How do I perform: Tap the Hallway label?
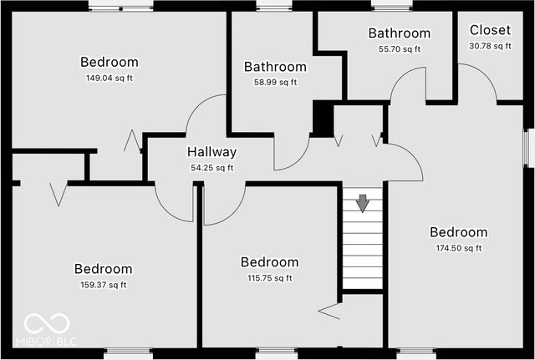pos(211,153)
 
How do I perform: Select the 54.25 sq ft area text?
pos(211,168)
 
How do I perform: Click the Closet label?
pos(490,30)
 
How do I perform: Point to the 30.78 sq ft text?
pos(490,46)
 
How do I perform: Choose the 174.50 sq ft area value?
pos(458,248)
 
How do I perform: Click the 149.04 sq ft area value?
pos(110,79)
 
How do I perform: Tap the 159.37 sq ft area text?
pos(103,285)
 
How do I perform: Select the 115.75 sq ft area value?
pos(269,278)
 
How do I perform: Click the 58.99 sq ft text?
pos(275,83)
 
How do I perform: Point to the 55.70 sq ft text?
pos(399,49)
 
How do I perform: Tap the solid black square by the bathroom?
pos(323,117)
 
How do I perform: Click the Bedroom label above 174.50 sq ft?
pos(458,232)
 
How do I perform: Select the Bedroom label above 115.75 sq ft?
pos(269,262)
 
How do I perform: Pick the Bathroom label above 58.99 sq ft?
pos(275,67)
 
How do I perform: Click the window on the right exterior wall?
pos(528,149)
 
